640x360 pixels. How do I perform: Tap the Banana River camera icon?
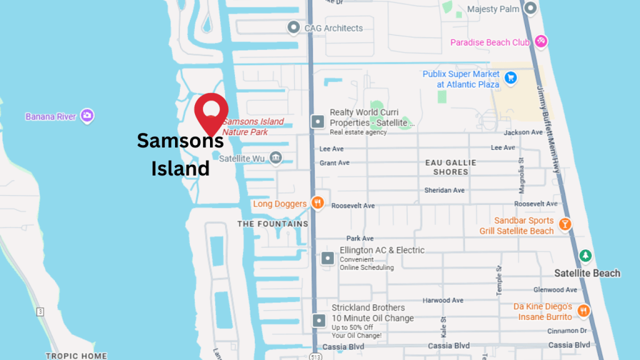point(87,116)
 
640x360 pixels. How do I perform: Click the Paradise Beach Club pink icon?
point(541,42)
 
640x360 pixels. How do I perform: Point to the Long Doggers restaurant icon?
point(318,203)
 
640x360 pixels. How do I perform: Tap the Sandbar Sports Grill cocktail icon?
point(565,224)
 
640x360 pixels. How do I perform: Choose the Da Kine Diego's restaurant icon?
point(583,311)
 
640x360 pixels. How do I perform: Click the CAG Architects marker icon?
point(293,27)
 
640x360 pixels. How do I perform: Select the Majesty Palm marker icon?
point(531,9)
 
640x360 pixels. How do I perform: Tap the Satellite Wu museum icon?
point(275,157)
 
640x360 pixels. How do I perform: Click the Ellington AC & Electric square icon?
point(327,258)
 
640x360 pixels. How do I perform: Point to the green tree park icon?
point(585,256)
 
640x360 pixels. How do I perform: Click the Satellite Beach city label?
point(587,273)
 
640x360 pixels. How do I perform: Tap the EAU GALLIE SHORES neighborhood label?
point(451,167)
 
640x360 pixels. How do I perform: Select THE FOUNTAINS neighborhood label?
point(272,224)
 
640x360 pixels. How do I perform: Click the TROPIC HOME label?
point(76,356)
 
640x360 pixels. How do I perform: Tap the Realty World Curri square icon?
point(318,121)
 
